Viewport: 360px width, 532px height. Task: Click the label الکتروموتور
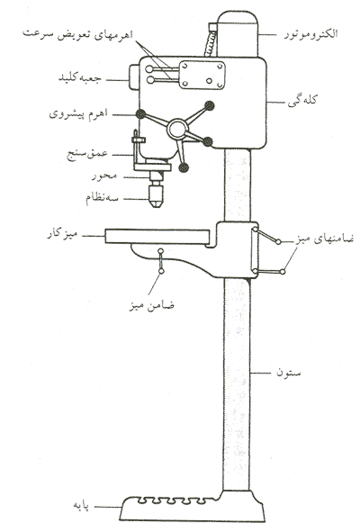point(310,34)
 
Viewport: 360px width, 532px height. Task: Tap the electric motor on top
point(238,33)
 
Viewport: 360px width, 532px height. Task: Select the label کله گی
point(302,101)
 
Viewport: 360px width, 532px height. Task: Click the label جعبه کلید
point(80,77)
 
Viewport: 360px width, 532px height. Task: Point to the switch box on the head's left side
point(134,77)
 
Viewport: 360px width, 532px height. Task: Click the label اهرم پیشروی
point(78,113)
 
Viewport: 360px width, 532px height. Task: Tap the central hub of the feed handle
point(177,129)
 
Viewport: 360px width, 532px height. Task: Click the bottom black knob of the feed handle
point(184,167)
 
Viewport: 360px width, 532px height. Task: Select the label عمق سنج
point(87,154)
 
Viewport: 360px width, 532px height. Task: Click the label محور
point(104,176)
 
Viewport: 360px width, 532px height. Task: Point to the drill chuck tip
point(156,205)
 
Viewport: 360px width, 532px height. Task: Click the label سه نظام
point(102,197)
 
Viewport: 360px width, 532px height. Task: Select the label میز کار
point(62,234)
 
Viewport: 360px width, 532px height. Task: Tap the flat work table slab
point(157,237)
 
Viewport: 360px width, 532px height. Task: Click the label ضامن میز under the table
point(152,306)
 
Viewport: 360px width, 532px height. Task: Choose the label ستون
point(288,373)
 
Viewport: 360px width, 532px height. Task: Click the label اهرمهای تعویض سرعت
point(77,35)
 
